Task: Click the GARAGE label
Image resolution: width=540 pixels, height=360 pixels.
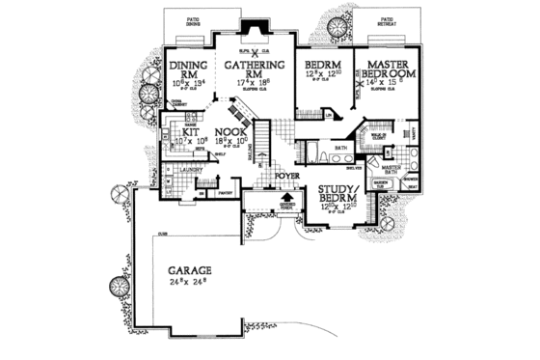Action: [188, 272]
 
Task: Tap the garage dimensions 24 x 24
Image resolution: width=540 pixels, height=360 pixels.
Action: [188, 286]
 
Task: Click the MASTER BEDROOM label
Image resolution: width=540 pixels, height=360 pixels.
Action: [385, 69]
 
